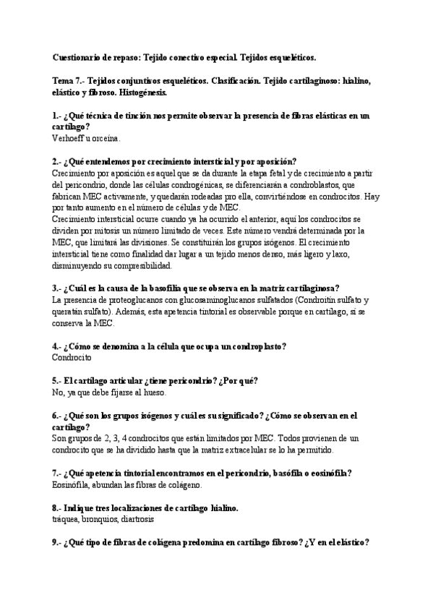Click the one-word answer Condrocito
tap(72, 356)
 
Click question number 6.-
tap(58, 416)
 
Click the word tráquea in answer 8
tap(67, 519)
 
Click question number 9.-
tap(58, 543)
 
